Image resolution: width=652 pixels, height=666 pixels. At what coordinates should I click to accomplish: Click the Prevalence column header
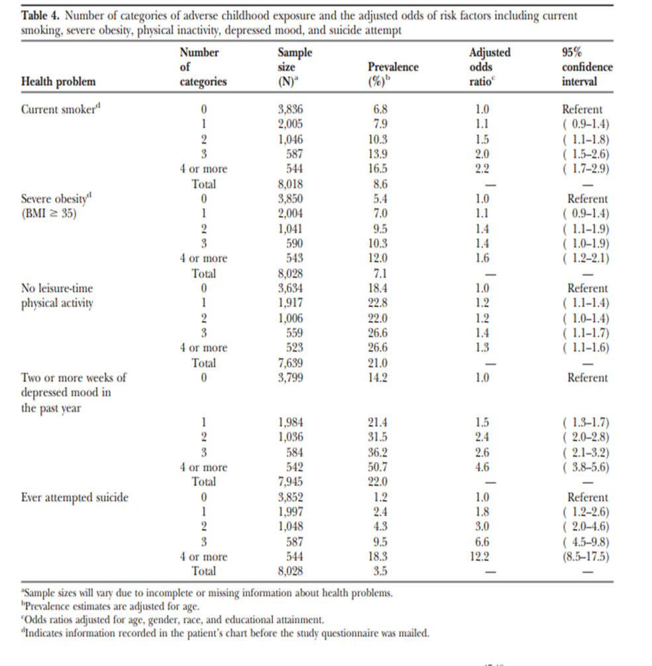(x=393, y=68)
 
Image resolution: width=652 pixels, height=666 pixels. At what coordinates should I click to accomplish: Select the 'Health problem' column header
(x=58, y=82)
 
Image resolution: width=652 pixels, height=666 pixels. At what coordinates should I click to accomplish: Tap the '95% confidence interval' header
(x=587, y=67)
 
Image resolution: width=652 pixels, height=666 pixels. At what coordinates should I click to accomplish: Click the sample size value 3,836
(x=290, y=110)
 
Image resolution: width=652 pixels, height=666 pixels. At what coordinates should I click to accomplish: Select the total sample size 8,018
(x=290, y=184)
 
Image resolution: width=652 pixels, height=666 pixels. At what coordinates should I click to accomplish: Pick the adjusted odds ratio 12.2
(x=484, y=557)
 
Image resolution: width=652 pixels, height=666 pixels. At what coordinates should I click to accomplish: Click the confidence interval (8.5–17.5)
(x=586, y=557)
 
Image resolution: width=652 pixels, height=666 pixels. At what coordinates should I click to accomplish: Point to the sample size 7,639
(x=290, y=363)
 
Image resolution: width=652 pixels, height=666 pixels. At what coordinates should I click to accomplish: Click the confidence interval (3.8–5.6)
(x=586, y=467)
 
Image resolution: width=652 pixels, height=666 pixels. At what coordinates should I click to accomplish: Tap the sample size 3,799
(x=290, y=378)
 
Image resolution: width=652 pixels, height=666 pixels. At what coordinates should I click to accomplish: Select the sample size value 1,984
(x=290, y=423)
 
